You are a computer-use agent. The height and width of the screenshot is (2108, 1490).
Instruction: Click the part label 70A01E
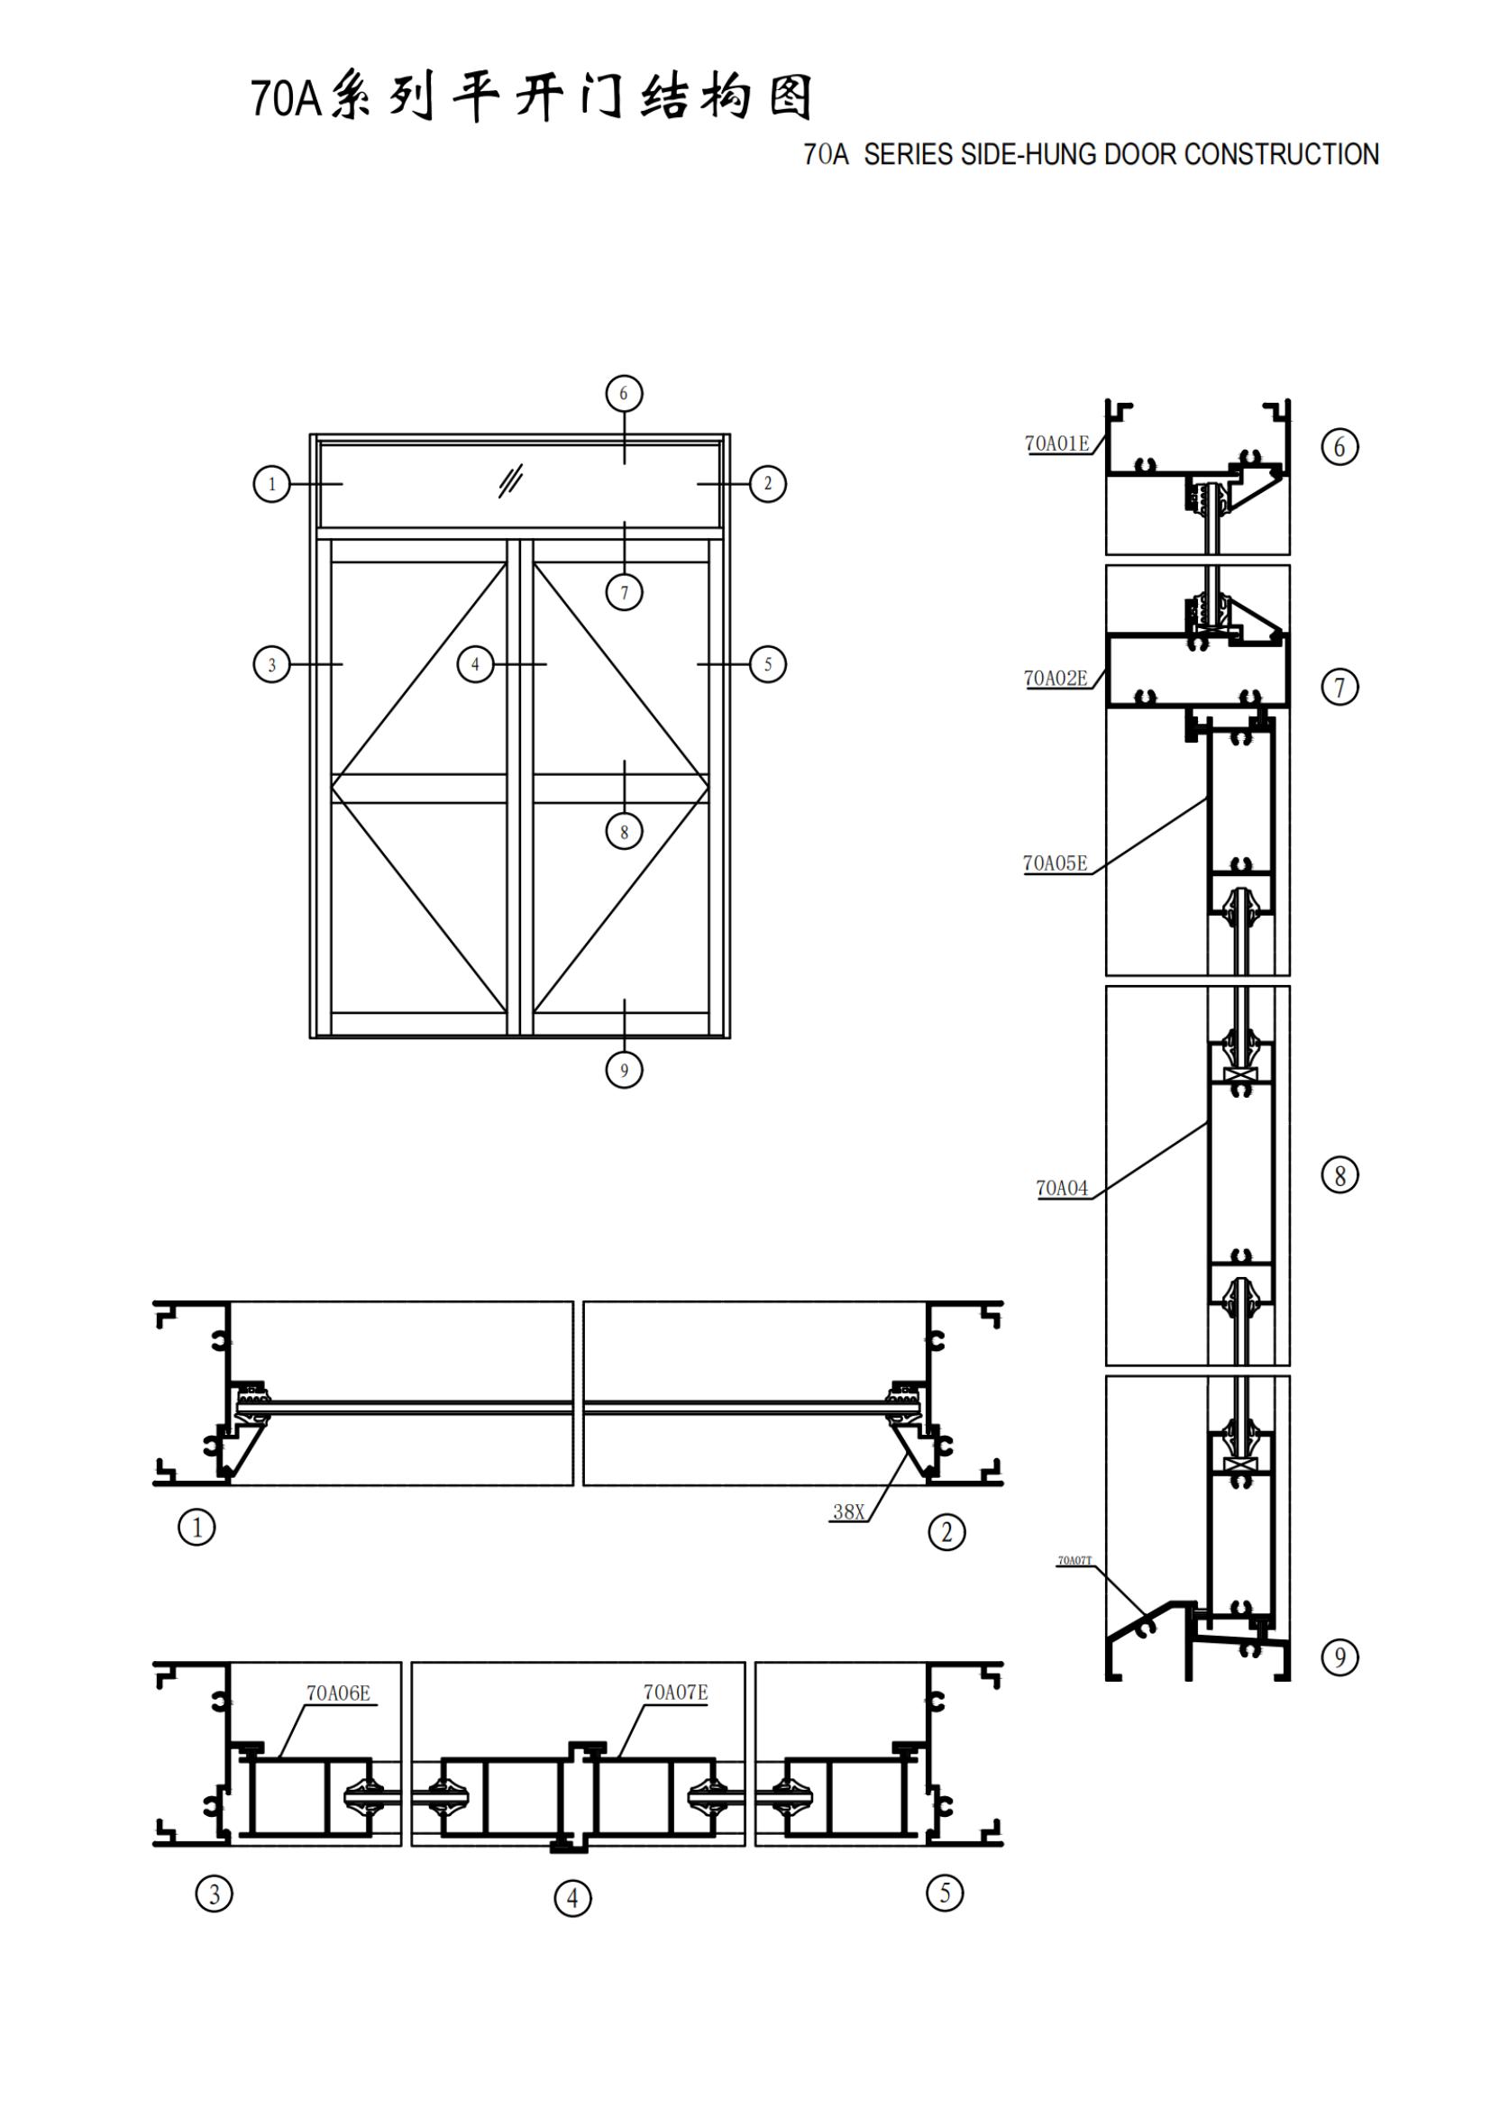point(1056,443)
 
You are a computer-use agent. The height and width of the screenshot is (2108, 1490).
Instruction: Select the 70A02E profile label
point(1056,679)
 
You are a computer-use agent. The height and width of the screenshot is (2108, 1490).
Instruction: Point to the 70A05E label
point(1055,863)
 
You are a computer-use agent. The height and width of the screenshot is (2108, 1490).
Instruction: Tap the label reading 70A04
point(1061,1188)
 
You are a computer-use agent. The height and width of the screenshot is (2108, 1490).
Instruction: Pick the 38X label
point(848,1512)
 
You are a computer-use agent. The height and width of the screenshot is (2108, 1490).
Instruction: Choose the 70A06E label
point(338,1693)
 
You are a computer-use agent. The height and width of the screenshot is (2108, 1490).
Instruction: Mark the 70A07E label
point(675,1693)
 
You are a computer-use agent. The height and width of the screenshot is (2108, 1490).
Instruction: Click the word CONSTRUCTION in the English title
point(1282,154)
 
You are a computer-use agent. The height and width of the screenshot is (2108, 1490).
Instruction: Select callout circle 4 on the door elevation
point(475,664)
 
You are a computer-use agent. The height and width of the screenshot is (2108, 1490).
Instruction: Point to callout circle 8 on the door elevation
point(625,832)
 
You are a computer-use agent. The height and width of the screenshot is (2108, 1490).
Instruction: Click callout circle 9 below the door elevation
point(625,1070)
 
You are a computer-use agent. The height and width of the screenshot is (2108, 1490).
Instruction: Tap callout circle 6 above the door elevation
point(625,394)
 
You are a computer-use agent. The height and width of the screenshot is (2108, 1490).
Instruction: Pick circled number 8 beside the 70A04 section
point(1339,1175)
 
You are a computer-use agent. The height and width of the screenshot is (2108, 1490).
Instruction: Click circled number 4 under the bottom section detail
point(573,1898)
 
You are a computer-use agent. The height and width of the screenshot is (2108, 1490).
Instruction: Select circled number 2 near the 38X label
point(946,1531)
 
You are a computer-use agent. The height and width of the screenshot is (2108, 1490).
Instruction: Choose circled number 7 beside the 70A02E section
point(1339,687)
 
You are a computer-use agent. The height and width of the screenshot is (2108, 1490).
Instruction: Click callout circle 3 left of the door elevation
point(271,664)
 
